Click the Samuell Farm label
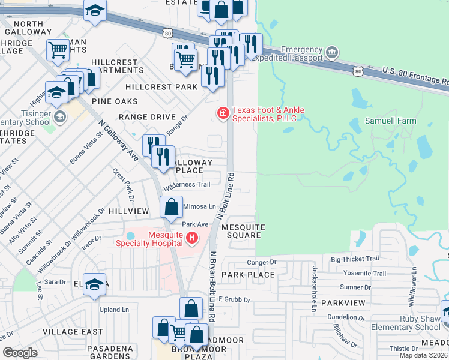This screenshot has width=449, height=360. [391, 121]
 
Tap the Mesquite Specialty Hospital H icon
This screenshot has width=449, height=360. [192, 239]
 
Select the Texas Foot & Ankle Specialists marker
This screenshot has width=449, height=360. [223, 113]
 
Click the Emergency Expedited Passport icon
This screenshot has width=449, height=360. [331, 55]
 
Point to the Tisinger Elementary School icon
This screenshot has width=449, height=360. [59, 116]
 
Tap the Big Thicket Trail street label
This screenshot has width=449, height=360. [355, 259]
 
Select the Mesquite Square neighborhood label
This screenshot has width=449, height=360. [243, 232]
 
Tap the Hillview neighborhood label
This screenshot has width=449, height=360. [129, 211]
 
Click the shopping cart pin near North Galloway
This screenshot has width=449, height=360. [58, 50]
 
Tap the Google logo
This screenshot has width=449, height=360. [20, 352]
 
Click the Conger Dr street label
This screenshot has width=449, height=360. [261, 262]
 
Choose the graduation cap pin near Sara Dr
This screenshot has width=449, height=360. [95, 284]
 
